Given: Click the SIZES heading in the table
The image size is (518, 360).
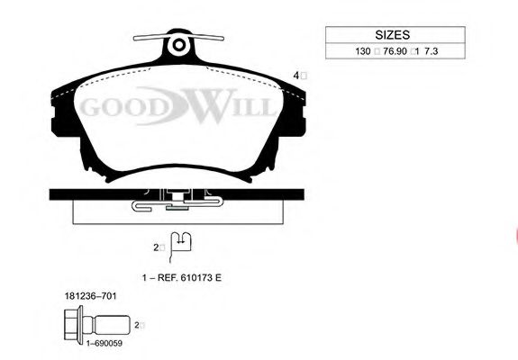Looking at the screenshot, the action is [x=392, y=34].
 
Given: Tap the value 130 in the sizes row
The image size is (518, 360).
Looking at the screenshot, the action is [x=363, y=51].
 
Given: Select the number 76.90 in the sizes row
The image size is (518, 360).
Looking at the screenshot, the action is [x=395, y=51].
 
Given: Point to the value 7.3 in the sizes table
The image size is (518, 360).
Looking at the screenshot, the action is [x=432, y=51].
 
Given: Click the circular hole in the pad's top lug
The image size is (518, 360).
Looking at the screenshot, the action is [x=178, y=45].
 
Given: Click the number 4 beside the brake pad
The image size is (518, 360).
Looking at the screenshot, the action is [x=296, y=76].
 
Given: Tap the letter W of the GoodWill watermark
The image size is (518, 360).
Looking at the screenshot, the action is [x=212, y=105].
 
